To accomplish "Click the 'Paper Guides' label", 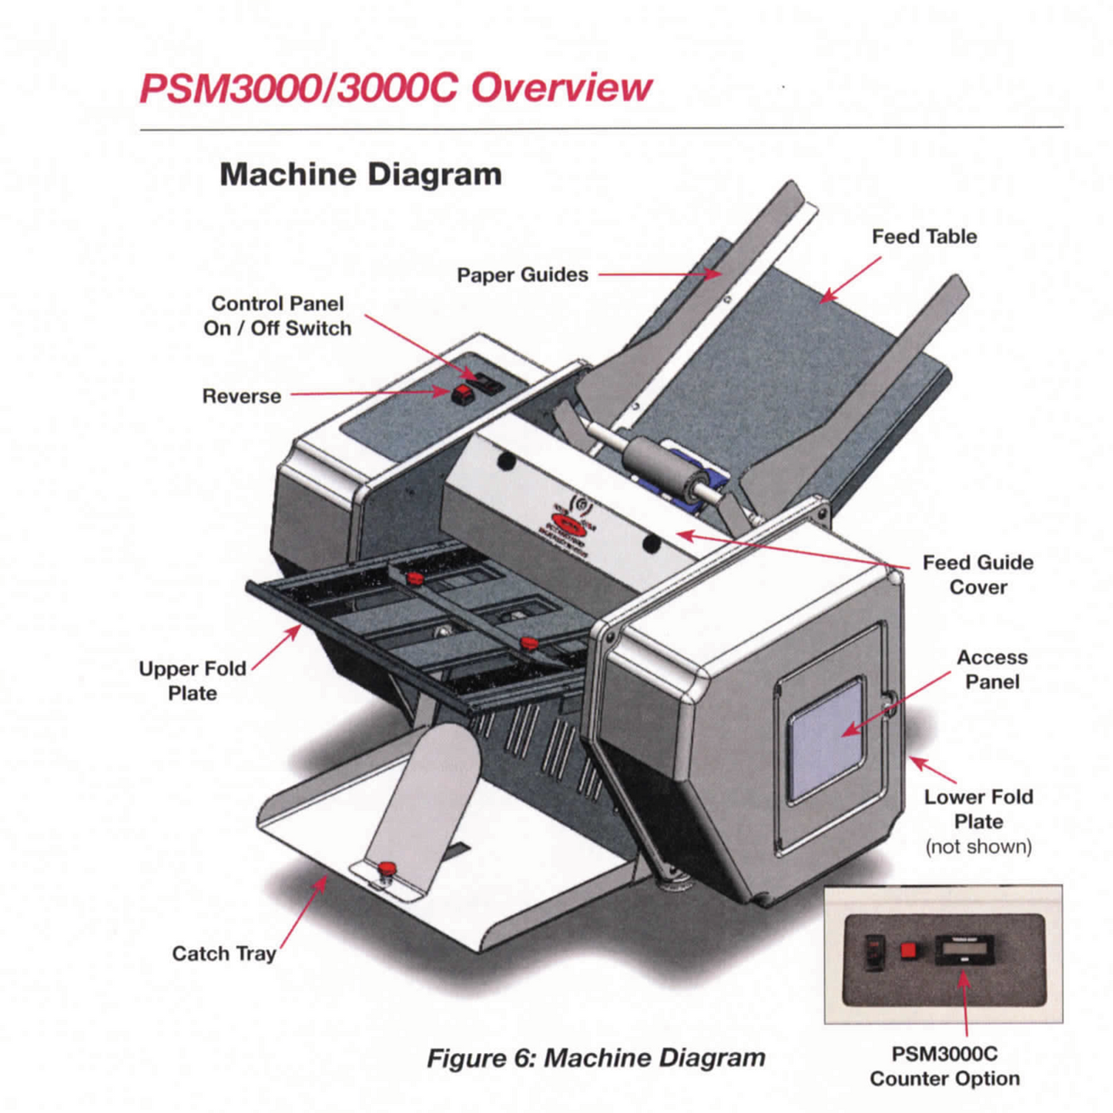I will [x=522, y=275].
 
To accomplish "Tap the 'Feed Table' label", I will [x=924, y=236].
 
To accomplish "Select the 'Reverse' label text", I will [x=241, y=396].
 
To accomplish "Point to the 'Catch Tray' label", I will [x=223, y=954].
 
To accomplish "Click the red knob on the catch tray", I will [x=386, y=870].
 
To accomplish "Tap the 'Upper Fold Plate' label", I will [x=193, y=681].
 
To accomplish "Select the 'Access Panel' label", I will [x=991, y=669].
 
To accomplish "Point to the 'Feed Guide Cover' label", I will [x=977, y=575].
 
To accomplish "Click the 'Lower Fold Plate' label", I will [x=978, y=809].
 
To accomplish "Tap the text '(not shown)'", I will [x=978, y=846].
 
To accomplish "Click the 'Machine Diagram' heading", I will [x=360, y=174].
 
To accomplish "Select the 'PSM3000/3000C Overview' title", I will [x=395, y=88].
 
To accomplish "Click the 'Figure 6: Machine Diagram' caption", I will [x=595, y=1058].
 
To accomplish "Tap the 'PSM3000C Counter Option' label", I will [x=944, y=1066].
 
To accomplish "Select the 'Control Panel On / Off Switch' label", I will [x=277, y=316].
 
